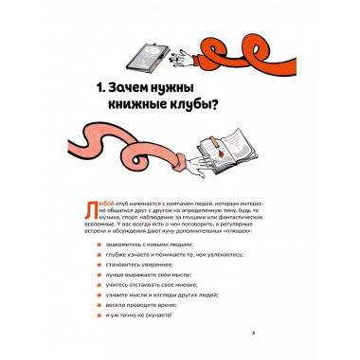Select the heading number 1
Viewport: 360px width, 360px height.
pyautogui.click(x=107, y=88)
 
